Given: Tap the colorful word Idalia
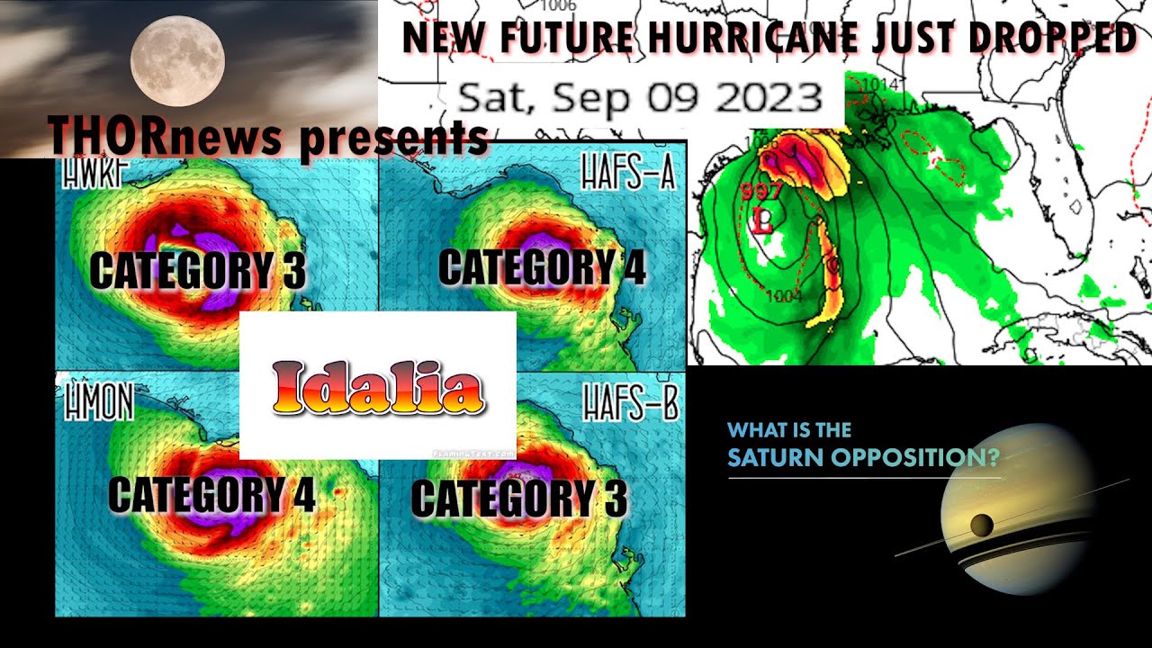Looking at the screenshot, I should pyautogui.click(x=378, y=389).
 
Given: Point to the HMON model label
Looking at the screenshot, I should pyautogui.click(x=98, y=405).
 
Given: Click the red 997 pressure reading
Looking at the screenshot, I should pyautogui.click(x=761, y=191).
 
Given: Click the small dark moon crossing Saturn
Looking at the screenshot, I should pyautogui.click(x=980, y=524).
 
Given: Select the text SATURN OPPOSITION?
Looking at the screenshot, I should pyautogui.click(x=863, y=458).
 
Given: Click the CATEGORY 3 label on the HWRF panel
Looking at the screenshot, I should pyautogui.click(x=198, y=271).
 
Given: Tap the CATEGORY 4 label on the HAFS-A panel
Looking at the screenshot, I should pyautogui.click(x=542, y=267).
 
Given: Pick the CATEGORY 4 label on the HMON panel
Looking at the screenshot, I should pyautogui.click(x=211, y=494).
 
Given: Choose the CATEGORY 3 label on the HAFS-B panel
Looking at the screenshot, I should pyautogui.click(x=519, y=499).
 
